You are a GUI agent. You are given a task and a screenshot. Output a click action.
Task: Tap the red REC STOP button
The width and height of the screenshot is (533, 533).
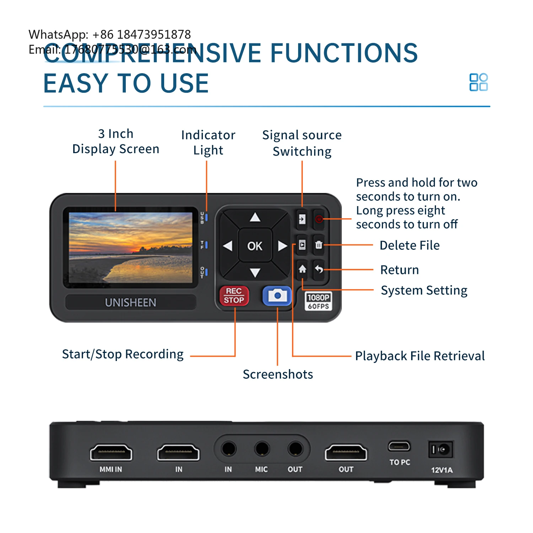click(x=233, y=296)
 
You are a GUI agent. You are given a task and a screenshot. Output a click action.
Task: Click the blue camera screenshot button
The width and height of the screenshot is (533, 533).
click(x=277, y=296)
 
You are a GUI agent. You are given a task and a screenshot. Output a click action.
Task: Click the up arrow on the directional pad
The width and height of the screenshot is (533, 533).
click(x=255, y=217)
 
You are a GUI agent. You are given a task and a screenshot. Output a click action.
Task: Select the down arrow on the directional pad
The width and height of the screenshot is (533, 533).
click(x=255, y=273)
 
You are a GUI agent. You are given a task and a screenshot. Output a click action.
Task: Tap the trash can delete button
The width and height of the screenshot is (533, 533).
click(x=318, y=245)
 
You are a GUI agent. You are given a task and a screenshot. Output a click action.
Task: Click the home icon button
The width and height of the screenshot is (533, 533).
click(x=302, y=269)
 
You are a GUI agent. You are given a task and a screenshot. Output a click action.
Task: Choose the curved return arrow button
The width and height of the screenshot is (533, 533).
click(x=319, y=269)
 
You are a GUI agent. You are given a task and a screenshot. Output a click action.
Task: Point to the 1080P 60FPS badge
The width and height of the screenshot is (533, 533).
click(x=318, y=301)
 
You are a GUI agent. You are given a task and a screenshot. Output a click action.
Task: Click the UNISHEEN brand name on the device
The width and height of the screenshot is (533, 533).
click(x=130, y=302)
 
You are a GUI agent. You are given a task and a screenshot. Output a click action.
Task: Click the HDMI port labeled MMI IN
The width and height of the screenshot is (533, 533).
click(x=111, y=453)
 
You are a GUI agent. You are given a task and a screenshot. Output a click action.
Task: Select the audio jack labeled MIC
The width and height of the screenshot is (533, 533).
click(x=262, y=449)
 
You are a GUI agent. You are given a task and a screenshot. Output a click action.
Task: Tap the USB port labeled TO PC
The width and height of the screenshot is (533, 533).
click(x=399, y=446)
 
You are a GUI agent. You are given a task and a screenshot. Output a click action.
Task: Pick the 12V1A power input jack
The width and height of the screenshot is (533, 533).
click(x=441, y=449)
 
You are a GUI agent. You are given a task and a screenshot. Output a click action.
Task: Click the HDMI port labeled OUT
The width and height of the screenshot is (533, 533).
click(x=346, y=453)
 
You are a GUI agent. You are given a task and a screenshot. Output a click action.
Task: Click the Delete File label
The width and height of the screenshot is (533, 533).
click(x=409, y=245)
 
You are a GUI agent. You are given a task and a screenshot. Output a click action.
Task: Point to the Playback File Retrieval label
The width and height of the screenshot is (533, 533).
click(x=420, y=356)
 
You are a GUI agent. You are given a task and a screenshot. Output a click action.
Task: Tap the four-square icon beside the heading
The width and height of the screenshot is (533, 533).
click(x=478, y=82)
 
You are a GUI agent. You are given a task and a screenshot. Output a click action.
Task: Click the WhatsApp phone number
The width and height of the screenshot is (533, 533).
click(x=141, y=34)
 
